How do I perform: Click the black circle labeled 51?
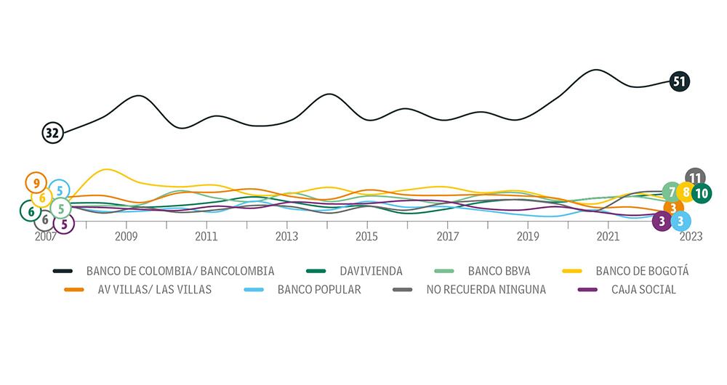pyautogui.click(x=680, y=81)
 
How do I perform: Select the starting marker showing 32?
pyautogui.click(x=52, y=133)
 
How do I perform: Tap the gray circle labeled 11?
pyautogui.click(x=695, y=178)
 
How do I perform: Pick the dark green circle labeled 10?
pyautogui.click(x=702, y=193)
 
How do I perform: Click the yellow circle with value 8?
pyautogui.click(x=686, y=193)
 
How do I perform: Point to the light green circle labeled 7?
pyautogui.click(x=672, y=192)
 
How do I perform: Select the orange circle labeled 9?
pyautogui.click(x=36, y=182)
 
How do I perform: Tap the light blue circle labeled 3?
pyautogui.click(x=679, y=220)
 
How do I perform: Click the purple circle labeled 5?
pyautogui.click(x=64, y=224)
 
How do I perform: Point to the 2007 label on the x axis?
pyautogui.click(x=46, y=236)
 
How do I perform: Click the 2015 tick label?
pyautogui.click(x=367, y=236)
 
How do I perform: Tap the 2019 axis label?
pyautogui.click(x=528, y=236)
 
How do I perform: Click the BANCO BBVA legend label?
pyautogui.click(x=499, y=271)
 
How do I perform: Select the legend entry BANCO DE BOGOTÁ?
pyautogui.click(x=641, y=271)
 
